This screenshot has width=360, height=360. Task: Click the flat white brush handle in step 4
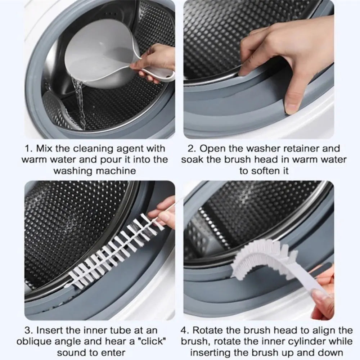click(306, 284)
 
